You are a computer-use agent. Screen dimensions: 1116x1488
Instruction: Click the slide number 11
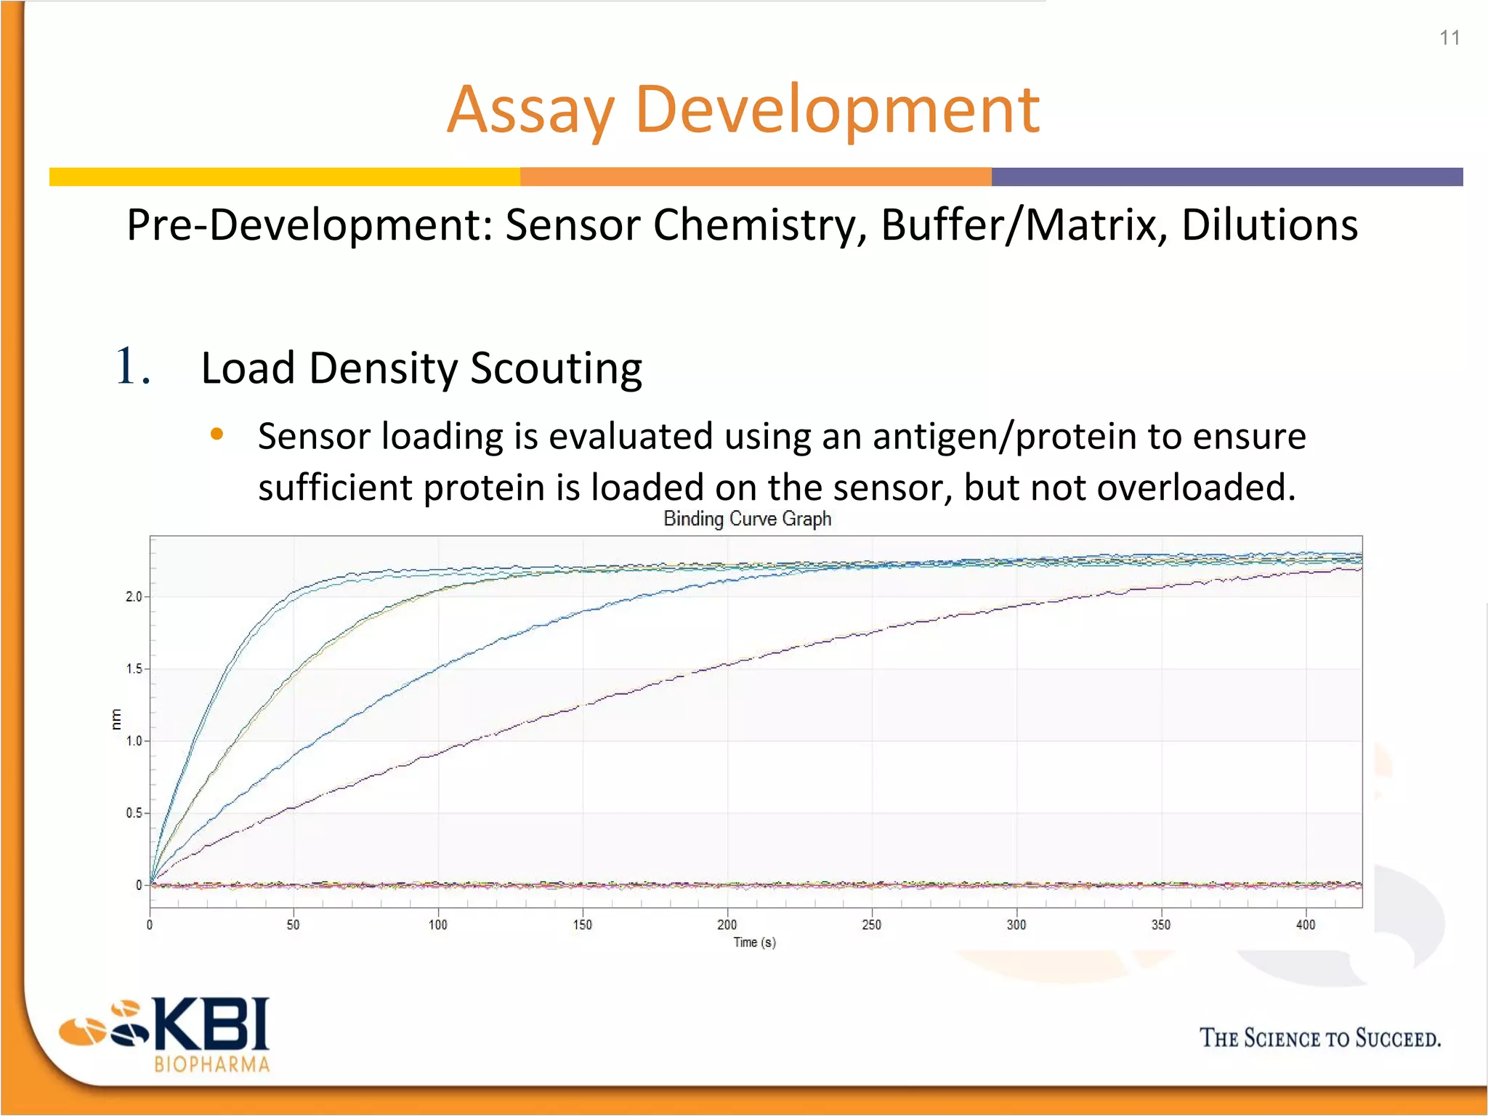click(x=1449, y=38)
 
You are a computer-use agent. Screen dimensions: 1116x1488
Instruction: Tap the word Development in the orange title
click(x=837, y=110)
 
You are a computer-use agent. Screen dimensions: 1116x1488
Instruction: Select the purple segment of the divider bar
click(x=1226, y=177)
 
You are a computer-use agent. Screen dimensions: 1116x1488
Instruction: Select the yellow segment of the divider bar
click(x=284, y=177)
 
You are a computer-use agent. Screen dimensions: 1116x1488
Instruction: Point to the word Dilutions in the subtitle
click(x=1269, y=225)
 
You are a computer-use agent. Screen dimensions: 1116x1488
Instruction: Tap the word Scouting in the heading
click(x=556, y=369)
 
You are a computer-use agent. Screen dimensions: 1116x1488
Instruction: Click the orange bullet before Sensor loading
click(x=217, y=435)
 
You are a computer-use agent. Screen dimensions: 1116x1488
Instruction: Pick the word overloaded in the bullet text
click(x=1195, y=487)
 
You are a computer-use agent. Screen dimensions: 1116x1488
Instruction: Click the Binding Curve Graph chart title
click(x=747, y=519)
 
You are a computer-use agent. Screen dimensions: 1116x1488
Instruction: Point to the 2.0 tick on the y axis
click(x=134, y=597)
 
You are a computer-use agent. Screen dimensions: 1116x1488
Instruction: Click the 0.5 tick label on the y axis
click(x=134, y=813)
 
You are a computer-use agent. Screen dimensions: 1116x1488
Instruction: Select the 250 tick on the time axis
click(x=871, y=924)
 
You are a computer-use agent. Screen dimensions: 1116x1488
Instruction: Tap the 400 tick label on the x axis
click(x=1305, y=924)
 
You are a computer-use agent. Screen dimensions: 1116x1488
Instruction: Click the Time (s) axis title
click(x=754, y=942)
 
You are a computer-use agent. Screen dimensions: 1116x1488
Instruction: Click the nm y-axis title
click(x=116, y=719)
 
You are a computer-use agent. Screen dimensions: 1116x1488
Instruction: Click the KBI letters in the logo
click(x=211, y=1024)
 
